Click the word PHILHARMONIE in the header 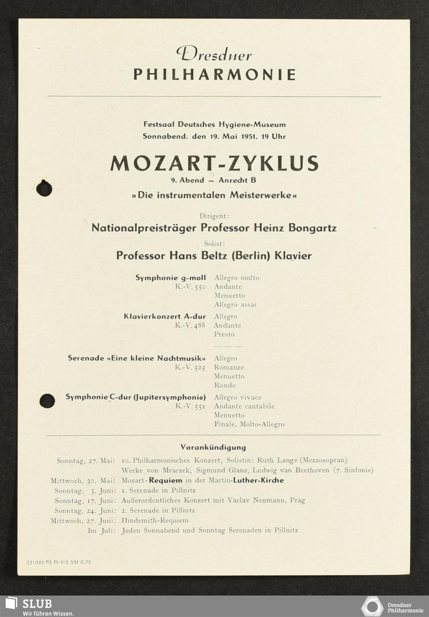coord(214,75)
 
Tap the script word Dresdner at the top coord(214,54)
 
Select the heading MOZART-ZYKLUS coord(214,163)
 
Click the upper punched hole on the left coord(44,189)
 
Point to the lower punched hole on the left coord(47,401)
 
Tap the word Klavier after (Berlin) coord(293,256)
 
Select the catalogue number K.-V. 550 coord(190,287)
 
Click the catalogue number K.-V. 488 coord(190,325)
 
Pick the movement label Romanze coord(229,367)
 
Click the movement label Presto coord(224,334)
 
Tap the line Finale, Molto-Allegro coord(249,424)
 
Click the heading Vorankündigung coord(213,447)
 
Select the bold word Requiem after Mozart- coord(166,480)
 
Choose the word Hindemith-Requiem coord(155,521)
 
